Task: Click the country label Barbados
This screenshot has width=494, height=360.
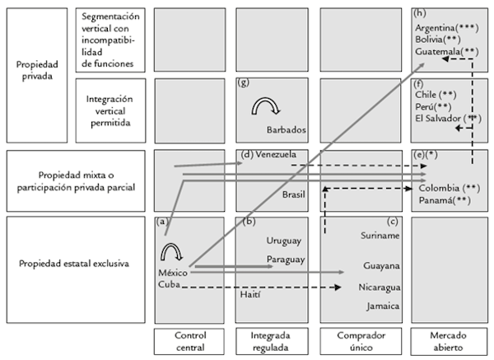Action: [x=287, y=130]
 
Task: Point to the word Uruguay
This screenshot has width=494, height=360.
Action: [x=284, y=241]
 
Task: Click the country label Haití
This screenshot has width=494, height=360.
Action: [x=252, y=294]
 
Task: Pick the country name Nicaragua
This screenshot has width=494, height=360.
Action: [x=380, y=288]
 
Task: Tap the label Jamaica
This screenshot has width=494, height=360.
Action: [x=382, y=306]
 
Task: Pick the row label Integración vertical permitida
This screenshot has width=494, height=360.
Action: [x=110, y=110]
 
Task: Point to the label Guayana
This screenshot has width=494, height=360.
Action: [x=382, y=266]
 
